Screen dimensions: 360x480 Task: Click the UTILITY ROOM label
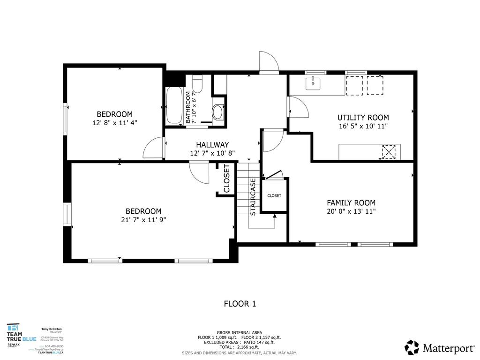point(363,118)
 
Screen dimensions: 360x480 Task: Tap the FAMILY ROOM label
point(351,202)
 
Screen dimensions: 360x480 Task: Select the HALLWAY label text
point(212,145)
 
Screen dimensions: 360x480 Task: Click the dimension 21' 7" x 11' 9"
point(143,219)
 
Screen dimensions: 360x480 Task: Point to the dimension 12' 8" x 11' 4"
point(114,122)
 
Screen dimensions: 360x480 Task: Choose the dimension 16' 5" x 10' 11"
point(363,126)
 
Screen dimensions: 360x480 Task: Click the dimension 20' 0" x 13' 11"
point(351,211)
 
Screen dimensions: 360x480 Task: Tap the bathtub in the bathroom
point(174,106)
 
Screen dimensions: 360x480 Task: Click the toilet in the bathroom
point(197,84)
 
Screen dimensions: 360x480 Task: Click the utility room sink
point(313,84)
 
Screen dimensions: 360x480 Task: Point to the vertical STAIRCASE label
point(253,197)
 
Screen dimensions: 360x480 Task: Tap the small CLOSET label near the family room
point(274,195)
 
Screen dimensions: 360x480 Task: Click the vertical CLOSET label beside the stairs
point(227,179)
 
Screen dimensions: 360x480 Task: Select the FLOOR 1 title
point(240,304)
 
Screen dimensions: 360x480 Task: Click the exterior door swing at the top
point(269,62)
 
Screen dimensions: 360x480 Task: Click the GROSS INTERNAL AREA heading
point(240,332)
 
